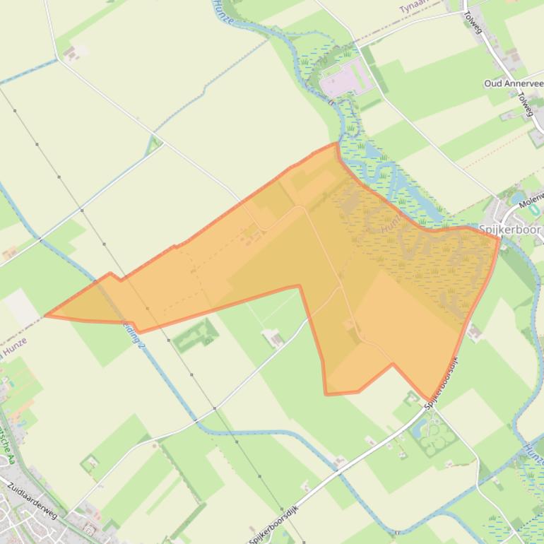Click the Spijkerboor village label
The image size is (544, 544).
coord(509,230)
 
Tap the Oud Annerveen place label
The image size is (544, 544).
coord(513,83)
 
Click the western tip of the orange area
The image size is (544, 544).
coord(47,315)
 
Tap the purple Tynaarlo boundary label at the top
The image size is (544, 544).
coord(413,7)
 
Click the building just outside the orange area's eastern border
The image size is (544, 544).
coord(474,331)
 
